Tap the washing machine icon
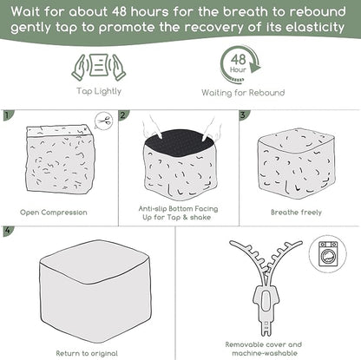pos(328,254)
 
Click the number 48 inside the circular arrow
pos(239,60)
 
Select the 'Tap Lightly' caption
pos(99,91)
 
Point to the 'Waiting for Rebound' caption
pos(243,93)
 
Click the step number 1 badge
pos(7,115)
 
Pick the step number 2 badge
pos(123,115)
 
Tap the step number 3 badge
pos(244,115)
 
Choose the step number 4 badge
pos(8,231)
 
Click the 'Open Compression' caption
pos(54,213)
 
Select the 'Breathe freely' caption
pos(296,213)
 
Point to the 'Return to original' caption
pos(87,353)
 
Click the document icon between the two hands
pos(99,65)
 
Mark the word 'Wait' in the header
pos(25,12)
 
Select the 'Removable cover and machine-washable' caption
pos(264,349)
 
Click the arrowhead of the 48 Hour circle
pos(254,67)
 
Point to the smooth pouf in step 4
pos(95,291)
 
